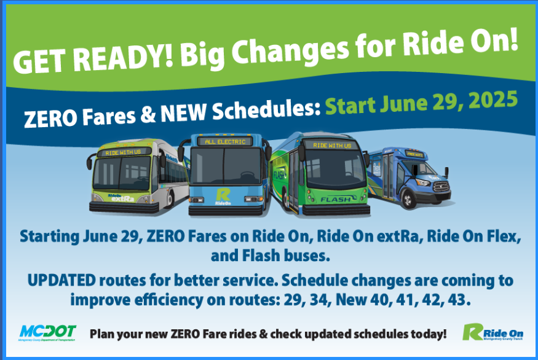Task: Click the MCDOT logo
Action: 47,332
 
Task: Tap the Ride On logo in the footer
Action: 493,332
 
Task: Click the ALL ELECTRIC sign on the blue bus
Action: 225,141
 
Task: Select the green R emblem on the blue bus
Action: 223,195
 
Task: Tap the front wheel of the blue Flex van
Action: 408,199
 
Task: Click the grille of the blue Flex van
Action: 441,187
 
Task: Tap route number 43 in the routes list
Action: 458,300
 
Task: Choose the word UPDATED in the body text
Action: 61,281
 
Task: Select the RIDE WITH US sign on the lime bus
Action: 123,152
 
